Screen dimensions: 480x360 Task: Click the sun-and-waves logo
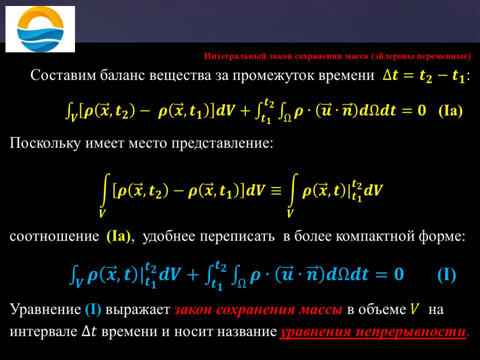[x=40, y=29]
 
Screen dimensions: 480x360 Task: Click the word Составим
[x=63, y=75]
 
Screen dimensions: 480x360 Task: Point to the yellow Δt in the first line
[x=390, y=75]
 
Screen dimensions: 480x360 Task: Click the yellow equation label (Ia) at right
[x=450, y=110]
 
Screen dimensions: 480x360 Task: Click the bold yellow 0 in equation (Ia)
[x=422, y=110]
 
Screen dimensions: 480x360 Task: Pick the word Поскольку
[x=45, y=143]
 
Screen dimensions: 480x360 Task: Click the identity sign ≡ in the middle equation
[x=276, y=191]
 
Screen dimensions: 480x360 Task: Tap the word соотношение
[x=54, y=236]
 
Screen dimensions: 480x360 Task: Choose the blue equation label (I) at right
[x=446, y=274]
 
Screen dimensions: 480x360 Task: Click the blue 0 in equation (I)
[x=399, y=273]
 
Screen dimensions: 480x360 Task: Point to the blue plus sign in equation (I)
[x=193, y=274]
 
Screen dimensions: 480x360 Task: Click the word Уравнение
[x=45, y=309]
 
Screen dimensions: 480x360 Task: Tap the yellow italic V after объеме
[x=414, y=309]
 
